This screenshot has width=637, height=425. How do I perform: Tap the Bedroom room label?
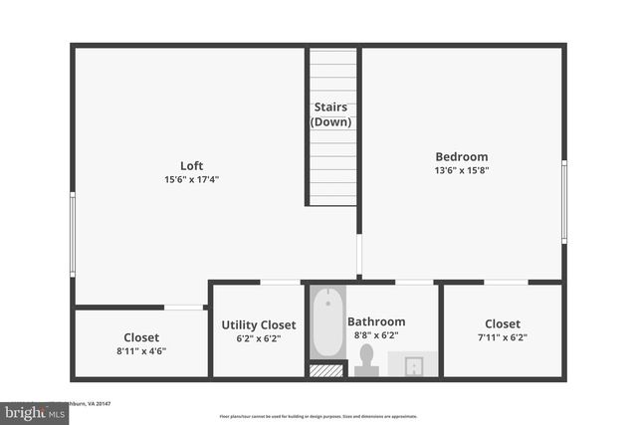462,156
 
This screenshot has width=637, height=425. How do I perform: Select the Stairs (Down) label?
331,114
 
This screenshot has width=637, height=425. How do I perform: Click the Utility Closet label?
258,324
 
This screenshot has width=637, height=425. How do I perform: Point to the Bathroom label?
375,321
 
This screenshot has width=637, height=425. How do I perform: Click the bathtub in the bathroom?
327,322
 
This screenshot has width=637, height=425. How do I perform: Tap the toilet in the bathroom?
366,359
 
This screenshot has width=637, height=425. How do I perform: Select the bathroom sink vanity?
412,364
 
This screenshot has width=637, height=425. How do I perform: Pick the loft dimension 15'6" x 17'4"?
192,180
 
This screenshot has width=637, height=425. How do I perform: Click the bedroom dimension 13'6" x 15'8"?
462,170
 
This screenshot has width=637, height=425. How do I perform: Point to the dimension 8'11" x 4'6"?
141,351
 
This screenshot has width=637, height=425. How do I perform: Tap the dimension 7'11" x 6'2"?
502,337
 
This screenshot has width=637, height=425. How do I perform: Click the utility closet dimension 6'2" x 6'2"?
258,338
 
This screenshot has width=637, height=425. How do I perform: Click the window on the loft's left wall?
72,234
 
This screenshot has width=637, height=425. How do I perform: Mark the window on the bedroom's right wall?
563,202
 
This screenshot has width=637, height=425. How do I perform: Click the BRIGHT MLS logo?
34,411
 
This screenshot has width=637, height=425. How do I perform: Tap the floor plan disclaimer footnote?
318,415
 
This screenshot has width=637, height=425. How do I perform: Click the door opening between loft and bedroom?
359,255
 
